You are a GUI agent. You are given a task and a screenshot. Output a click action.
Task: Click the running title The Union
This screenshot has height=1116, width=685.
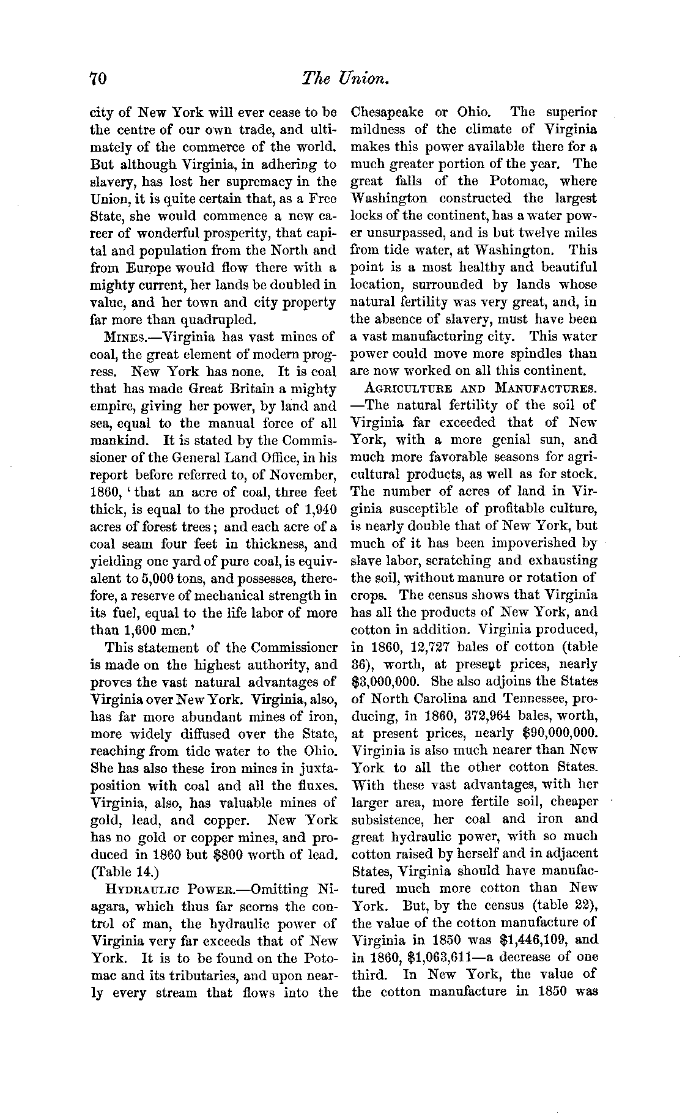[x=346, y=79]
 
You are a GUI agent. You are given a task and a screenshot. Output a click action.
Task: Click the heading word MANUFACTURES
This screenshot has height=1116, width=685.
[x=546, y=388]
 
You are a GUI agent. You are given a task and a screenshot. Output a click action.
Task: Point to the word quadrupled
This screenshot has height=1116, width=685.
[x=208, y=319]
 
